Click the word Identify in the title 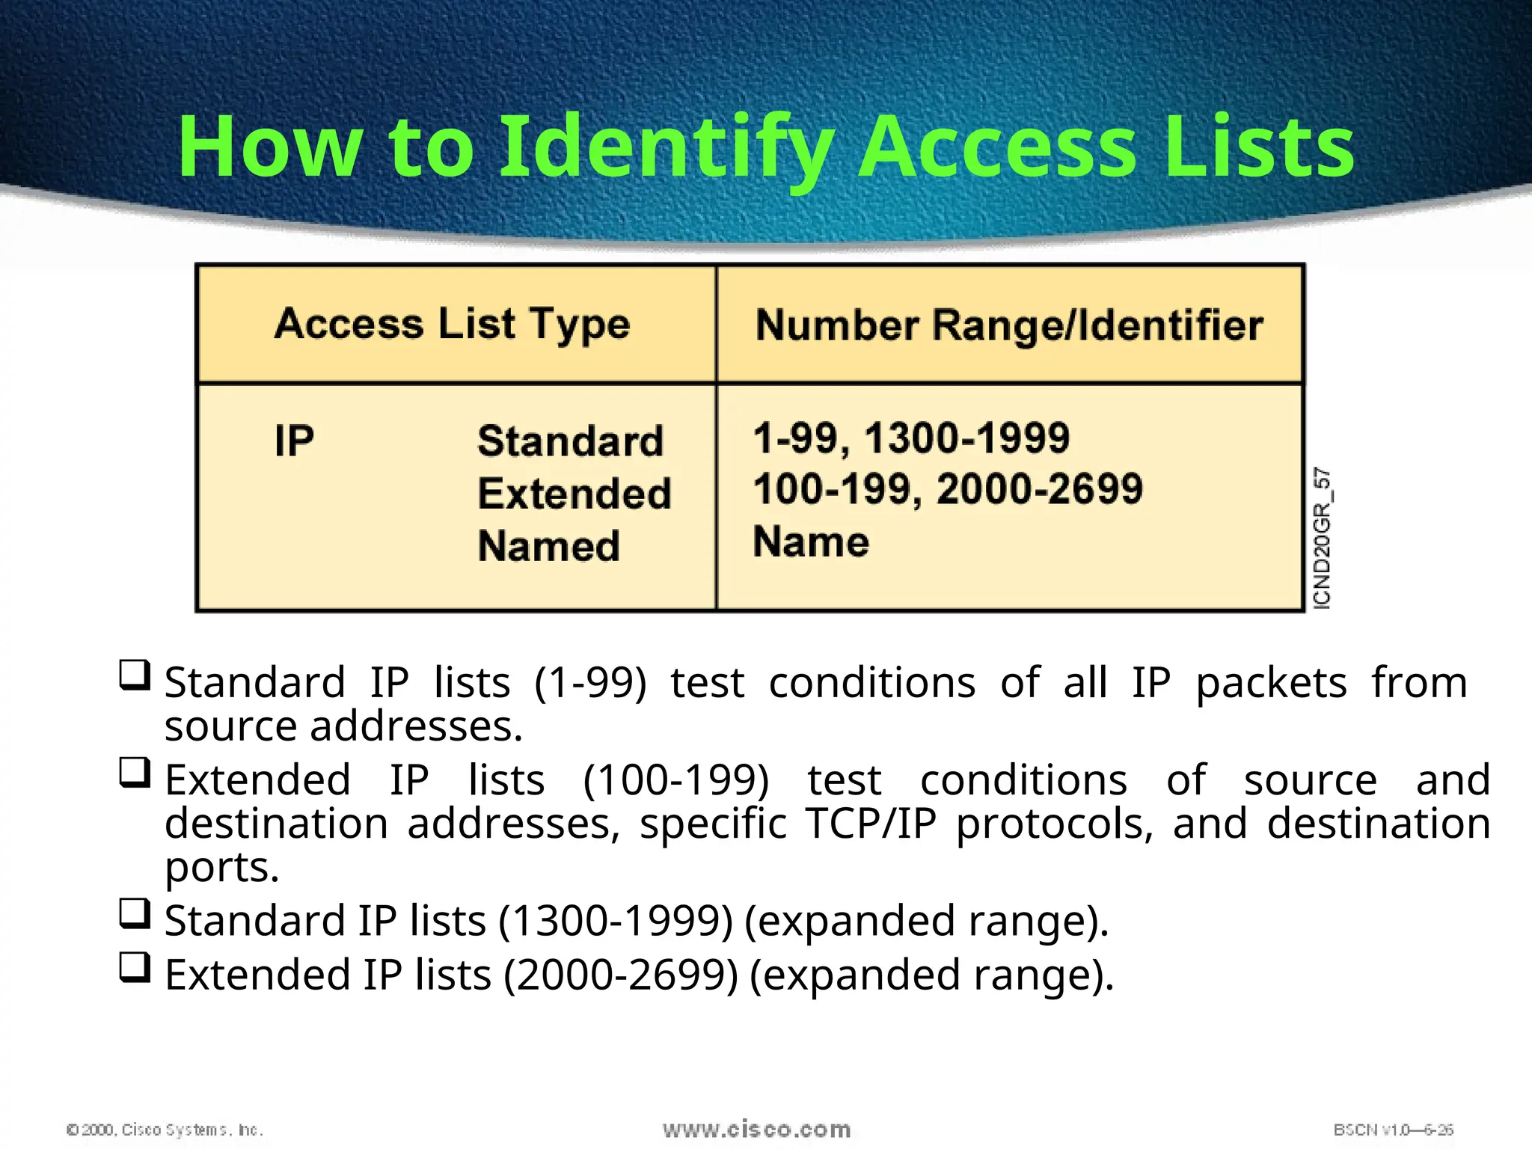(x=666, y=147)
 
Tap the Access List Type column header (x=452, y=325)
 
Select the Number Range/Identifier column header (x=1009, y=326)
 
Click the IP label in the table (x=294, y=441)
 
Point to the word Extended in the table (x=574, y=494)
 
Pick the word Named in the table (x=549, y=545)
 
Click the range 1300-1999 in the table (x=966, y=438)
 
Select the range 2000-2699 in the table (x=1039, y=489)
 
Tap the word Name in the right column (x=811, y=542)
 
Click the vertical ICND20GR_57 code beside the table (x=1323, y=538)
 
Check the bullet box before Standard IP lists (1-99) (x=135, y=675)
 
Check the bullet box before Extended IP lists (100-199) (x=135, y=773)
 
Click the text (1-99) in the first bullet (x=590, y=683)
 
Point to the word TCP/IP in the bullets (x=871, y=824)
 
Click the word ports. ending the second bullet (x=222, y=868)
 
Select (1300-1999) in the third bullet (x=616, y=921)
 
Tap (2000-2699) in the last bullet (x=621, y=975)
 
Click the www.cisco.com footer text (x=756, y=1130)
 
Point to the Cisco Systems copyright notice (x=165, y=1130)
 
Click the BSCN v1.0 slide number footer (x=1393, y=1130)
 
